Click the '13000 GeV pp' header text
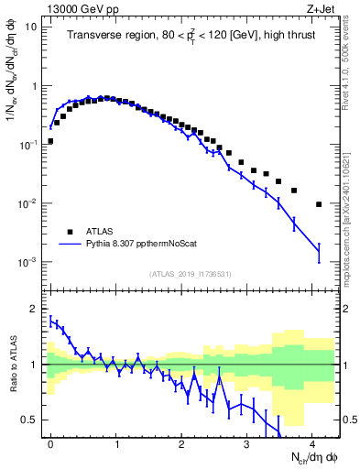pos(75,7)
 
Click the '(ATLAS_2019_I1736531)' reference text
pos(190,274)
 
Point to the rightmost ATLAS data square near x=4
pos(319,204)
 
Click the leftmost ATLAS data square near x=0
pos(50,141)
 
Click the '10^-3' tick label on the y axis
pos(27,262)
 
